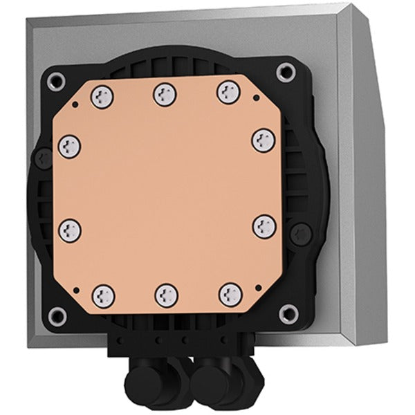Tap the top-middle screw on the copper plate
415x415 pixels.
point(163,91)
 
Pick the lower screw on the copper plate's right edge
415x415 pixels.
point(264,226)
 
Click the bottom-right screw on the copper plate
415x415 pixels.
point(230,294)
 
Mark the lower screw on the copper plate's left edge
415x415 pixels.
point(69,230)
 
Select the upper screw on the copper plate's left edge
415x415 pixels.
point(70,146)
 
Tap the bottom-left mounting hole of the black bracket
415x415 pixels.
point(57,316)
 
